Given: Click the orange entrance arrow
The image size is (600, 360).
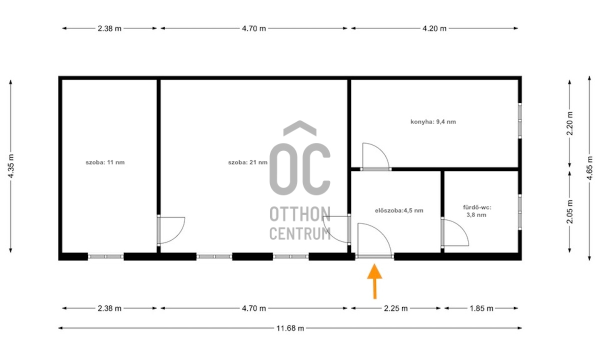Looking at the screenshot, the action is [374, 281].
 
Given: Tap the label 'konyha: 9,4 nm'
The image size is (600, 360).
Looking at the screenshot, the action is [433, 122].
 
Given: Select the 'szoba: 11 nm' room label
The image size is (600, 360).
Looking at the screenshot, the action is [105, 162].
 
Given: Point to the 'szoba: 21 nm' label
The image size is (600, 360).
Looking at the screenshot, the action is [248, 162].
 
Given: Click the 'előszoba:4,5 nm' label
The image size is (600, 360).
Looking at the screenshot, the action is [399, 210].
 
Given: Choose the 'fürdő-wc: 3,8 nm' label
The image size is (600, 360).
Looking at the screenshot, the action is [477, 211].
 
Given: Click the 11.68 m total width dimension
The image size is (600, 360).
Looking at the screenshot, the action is [290, 328].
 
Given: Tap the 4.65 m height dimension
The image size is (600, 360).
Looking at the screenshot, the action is [589, 168].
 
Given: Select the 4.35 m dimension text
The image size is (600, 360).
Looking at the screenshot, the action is [10, 166].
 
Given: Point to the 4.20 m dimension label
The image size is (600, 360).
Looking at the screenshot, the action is [434, 28].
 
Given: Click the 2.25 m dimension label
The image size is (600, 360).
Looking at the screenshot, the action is [395, 308].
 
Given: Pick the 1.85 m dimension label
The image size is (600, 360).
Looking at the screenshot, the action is [481, 308].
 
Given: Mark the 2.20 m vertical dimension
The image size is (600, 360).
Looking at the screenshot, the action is [569, 123].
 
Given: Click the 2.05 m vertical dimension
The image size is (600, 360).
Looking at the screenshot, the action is [569, 211].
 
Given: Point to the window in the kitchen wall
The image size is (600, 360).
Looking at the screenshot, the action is [519, 121].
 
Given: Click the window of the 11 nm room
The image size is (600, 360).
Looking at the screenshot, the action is [106, 256].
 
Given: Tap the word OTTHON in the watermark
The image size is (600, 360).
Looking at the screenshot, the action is [299, 214].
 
